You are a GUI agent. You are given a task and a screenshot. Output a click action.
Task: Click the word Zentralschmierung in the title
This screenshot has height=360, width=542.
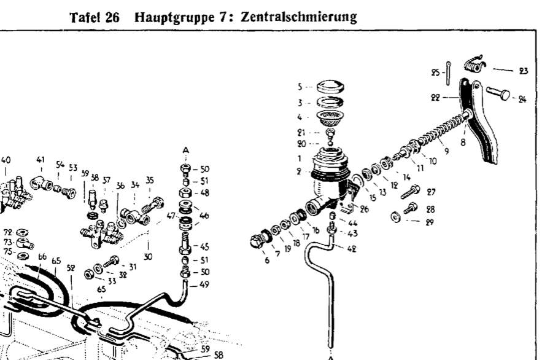pos(299,17)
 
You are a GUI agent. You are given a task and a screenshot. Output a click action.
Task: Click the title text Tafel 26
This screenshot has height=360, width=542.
pos(95,17)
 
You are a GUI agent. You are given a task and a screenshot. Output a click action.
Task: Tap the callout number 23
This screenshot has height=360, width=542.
pos(524,71)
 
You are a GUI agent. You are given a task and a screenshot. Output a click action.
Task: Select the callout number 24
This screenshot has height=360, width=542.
pos(522,100)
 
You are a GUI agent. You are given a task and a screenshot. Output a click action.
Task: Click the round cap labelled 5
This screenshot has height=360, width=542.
pos(330,87)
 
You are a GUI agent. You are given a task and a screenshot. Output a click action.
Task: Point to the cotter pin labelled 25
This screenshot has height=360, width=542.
pos(448,72)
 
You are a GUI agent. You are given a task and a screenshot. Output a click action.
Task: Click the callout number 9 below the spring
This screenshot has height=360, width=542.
pos(447,151)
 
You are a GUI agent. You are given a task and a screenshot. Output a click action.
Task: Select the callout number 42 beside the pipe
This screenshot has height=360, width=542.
pos(352,249)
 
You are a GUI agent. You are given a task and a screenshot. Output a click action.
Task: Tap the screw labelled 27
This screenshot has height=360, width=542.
pos(410,192)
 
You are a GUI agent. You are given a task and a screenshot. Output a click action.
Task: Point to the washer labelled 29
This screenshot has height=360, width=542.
pos(396,217)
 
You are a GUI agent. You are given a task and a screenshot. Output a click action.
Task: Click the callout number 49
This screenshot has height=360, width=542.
pos(204,284)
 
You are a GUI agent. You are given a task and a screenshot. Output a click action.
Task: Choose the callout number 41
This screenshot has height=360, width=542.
pos(41,160)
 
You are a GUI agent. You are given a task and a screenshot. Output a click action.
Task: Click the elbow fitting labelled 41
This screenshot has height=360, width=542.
pos(41,183)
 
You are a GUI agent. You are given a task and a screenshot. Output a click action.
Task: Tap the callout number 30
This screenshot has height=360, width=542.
pos(148,257)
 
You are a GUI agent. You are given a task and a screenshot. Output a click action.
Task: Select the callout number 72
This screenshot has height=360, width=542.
pos(8,232)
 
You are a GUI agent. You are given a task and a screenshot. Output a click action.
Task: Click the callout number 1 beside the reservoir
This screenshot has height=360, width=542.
pos(300,158)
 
